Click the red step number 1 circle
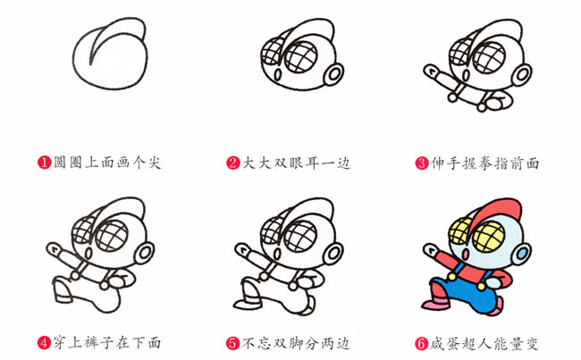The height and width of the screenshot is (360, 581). [43, 163]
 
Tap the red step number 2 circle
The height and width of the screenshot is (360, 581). [233, 163]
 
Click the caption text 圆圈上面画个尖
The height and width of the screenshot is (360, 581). [106, 163]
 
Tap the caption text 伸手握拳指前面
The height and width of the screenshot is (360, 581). [485, 163]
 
